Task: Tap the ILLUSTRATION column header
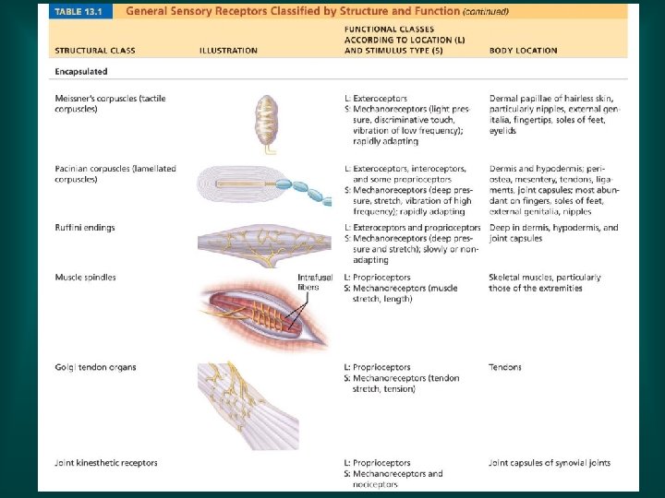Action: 228,51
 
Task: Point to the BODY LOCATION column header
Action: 523,51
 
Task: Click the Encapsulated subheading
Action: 80,70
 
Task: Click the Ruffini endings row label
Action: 85,227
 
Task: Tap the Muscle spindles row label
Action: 85,278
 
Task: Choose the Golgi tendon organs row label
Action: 95,367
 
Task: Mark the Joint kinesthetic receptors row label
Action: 105,463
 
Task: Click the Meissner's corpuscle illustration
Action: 267,121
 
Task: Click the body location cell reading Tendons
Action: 505,367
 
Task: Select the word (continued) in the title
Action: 486,12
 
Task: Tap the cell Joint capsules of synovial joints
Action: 550,463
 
